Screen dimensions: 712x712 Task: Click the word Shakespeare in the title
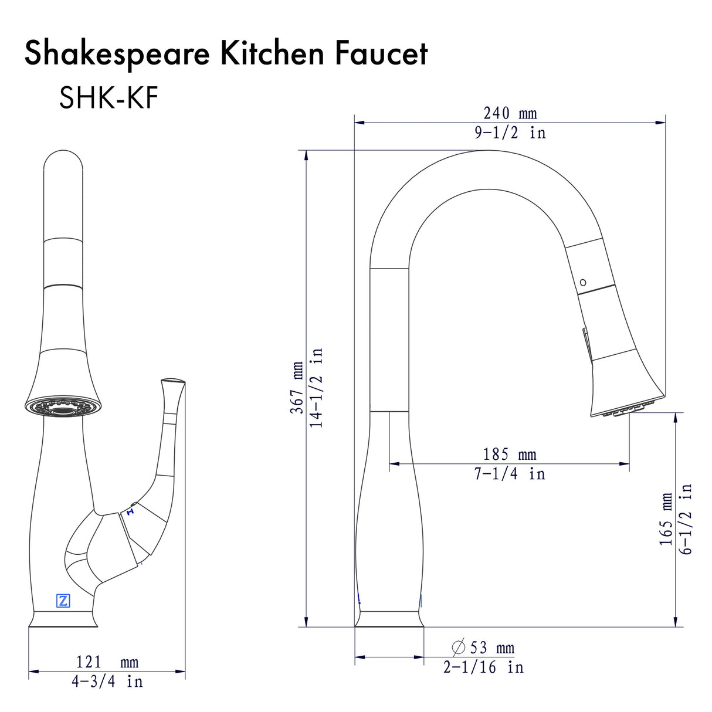(x=117, y=54)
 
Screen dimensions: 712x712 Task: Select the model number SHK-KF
(x=109, y=98)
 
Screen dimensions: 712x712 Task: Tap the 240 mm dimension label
(x=510, y=113)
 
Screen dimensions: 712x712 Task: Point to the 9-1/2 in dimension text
(x=510, y=133)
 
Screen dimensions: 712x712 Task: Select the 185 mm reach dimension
(x=509, y=454)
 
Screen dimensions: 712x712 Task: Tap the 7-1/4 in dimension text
(x=509, y=474)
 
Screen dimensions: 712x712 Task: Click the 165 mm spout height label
(x=666, y=519)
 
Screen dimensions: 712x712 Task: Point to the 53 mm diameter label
(x=491, y=648)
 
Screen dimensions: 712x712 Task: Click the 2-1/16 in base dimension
(x=483, y=667)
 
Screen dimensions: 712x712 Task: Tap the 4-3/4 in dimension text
(x=107, y=682)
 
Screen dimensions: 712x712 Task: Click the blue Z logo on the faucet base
(x=63, y=601)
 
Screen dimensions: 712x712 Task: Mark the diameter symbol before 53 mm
(x=459, y=647)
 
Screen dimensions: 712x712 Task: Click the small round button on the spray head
(x=582, y=283)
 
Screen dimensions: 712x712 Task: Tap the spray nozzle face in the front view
(x=63, y=408)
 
